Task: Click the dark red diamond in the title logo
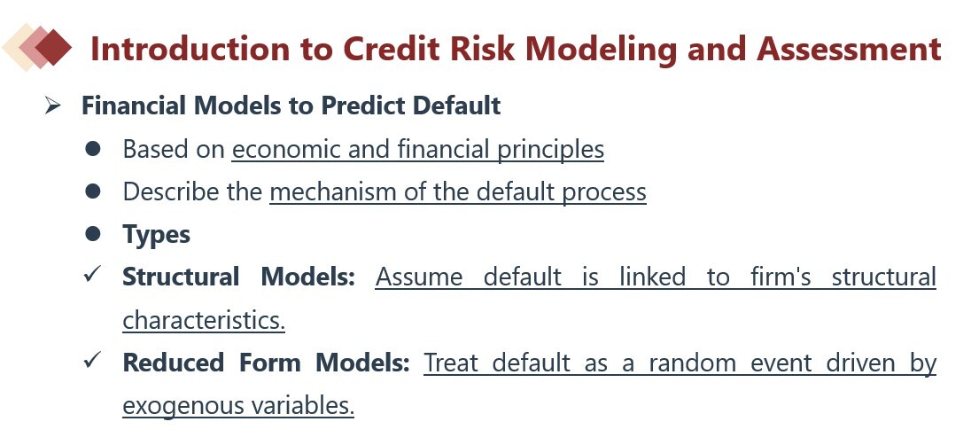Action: click(x=53, y=47)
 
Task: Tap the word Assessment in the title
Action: click(x=850, y=49)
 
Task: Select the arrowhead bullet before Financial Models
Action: click(x=52, y=106)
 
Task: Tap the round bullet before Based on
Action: click(x=93, y=149)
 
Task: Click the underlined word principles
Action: click(x=551, y=150)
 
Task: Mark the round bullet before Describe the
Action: click(x=93, y=191)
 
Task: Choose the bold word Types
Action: click(x=156, y=235)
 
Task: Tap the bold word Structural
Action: click(x=181, y=277)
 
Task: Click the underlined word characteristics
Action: click(x=204, y=320)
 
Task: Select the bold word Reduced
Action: click(x=174, y=363)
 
